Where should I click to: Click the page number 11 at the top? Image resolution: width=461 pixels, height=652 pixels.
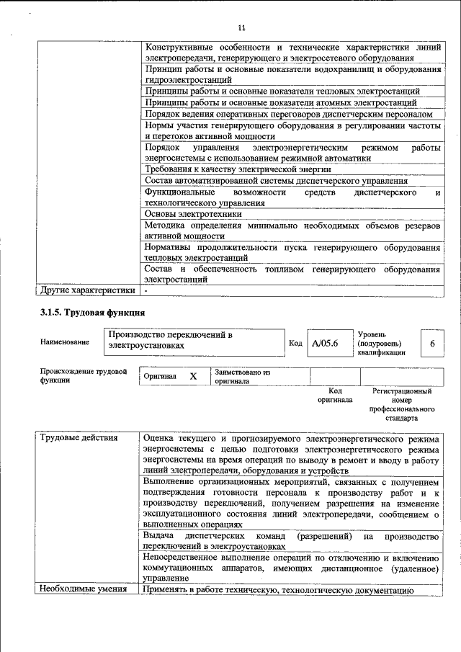point(241,28)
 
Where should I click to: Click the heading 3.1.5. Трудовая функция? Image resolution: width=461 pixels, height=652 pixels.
point(93,313)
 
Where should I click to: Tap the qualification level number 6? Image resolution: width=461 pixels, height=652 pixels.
point(432,344)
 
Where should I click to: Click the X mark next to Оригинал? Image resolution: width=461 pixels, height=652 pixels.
point(192,377)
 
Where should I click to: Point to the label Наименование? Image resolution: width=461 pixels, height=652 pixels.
point(66,341)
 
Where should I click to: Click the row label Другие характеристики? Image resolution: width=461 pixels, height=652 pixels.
point(87,291)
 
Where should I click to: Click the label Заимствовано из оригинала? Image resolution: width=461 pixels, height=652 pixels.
point(241,377)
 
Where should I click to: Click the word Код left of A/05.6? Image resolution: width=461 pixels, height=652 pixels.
point(295,343)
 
